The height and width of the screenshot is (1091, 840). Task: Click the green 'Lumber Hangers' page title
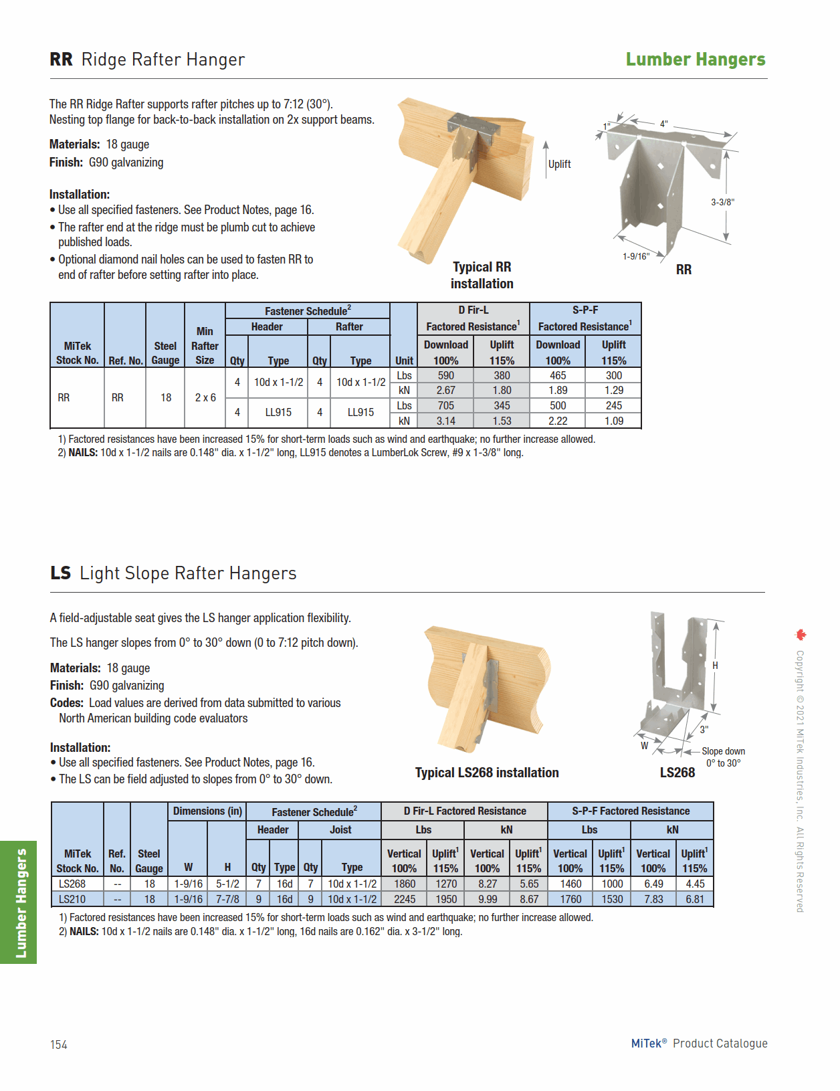point(695,60)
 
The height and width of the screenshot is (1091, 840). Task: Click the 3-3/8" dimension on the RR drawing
point(722,202)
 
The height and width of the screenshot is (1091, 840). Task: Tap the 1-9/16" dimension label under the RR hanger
point(635,256)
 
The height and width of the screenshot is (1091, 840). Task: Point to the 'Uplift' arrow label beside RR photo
point(559,164)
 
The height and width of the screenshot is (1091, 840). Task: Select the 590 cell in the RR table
point(445,376)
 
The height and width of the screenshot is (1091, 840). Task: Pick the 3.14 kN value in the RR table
point(445,421)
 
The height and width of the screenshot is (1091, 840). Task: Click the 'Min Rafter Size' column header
point(205,345)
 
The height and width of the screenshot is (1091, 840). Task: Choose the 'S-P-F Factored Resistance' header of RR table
point(585,318)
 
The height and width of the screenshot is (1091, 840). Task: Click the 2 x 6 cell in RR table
point(205,397)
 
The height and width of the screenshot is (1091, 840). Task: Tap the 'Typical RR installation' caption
point(482,275)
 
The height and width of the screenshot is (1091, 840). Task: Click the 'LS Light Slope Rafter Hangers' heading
point(173,573)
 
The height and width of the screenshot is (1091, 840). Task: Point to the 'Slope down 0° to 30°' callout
point(723,757)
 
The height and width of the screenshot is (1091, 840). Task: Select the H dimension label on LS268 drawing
point(715,666)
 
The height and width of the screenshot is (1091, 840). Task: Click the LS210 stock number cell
point(72,899)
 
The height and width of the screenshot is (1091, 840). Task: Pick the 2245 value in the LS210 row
point(404,899)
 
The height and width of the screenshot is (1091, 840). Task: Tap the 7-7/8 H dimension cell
point(227,899)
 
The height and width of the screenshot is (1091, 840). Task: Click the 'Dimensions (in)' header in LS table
point(207,811)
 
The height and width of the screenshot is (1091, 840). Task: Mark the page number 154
point(59,1045)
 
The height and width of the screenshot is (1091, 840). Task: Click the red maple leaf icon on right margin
point(801,635)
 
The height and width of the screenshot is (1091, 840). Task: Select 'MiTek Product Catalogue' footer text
point(699,1044)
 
